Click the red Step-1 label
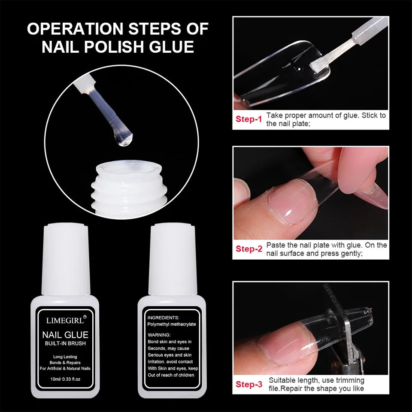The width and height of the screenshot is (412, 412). click(x=248, y=119)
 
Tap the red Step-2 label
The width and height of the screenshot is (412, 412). click(x=248, y=249)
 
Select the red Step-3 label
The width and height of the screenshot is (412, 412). click(x=248, y=384)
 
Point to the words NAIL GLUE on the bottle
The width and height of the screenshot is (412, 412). click(x=65, y=335)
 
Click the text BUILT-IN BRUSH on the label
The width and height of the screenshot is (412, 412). click(x=65, y=344)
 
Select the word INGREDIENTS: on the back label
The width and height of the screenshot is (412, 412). click(x=164, y=317)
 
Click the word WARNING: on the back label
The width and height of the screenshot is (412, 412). click(x=159, y=335)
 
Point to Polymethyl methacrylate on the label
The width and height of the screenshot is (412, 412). click(x=172, y=324)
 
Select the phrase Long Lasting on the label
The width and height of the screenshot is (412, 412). click(x=65, y=357)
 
